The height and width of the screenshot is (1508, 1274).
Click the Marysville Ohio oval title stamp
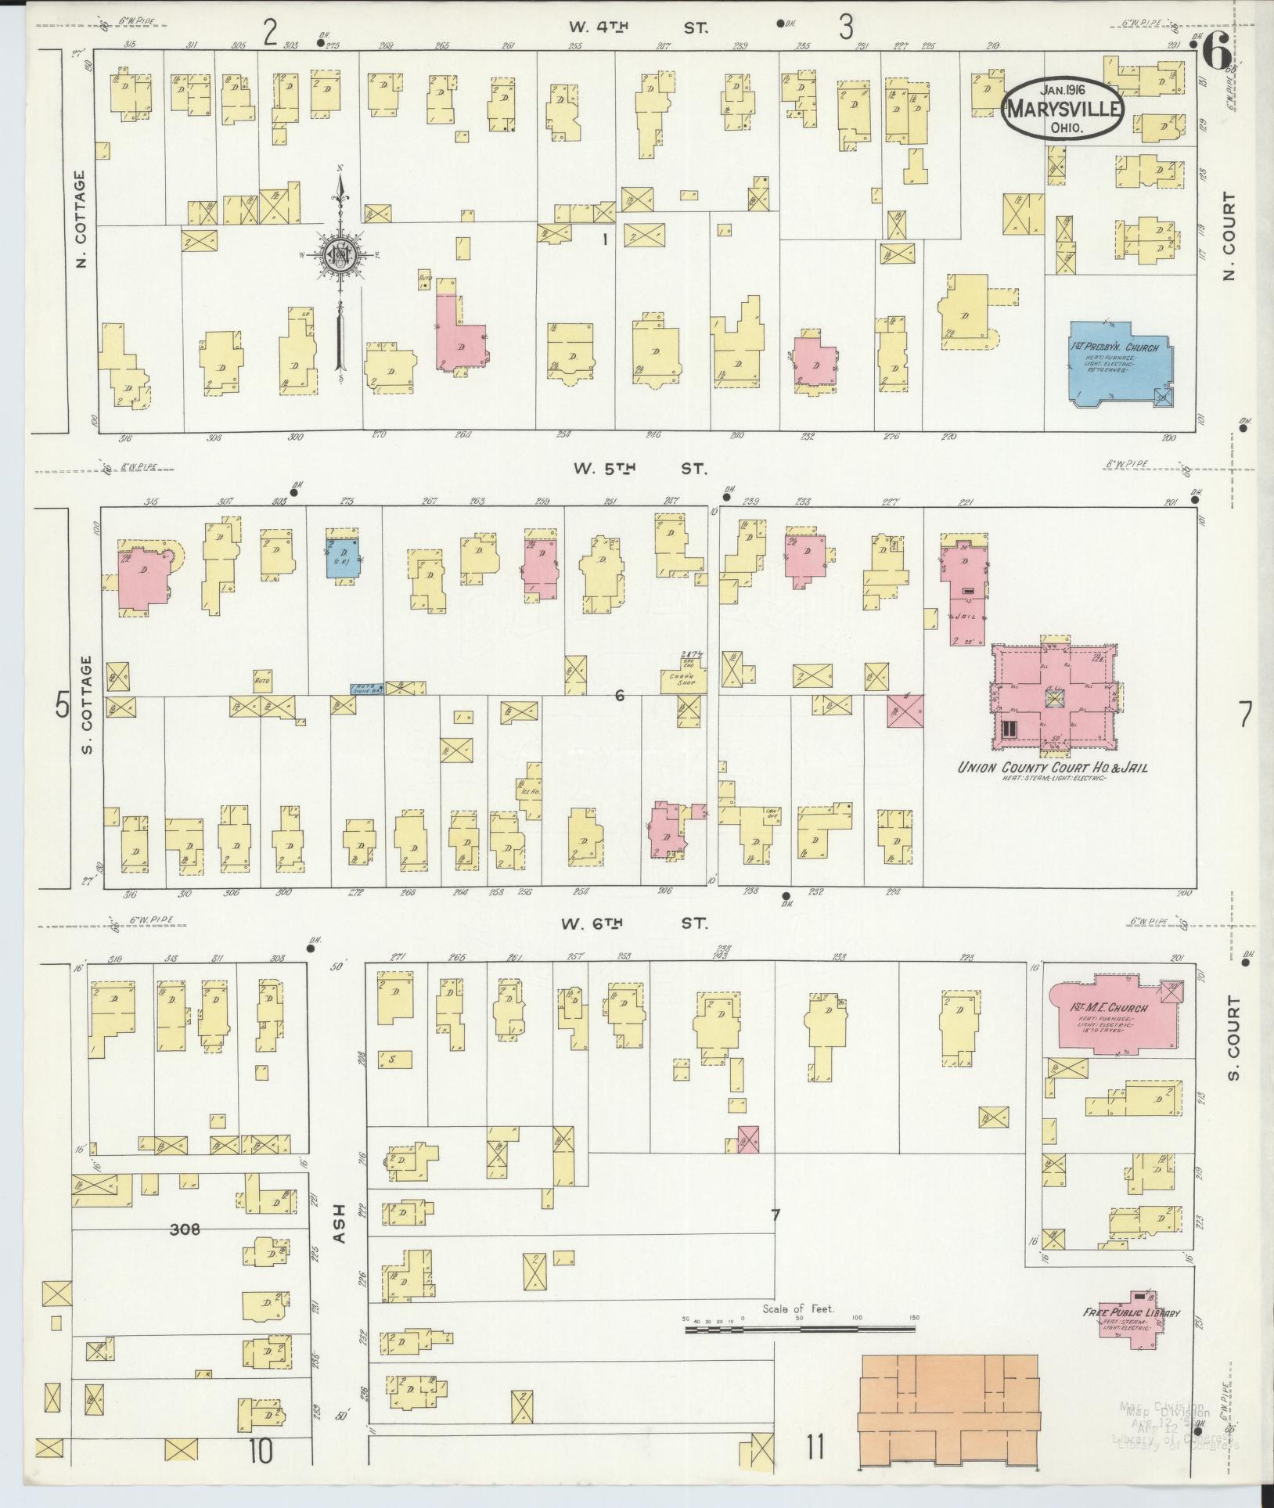1063,110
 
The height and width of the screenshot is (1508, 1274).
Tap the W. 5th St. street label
639,469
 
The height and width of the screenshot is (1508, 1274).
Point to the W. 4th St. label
637,27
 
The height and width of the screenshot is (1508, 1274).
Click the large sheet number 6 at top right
1215,53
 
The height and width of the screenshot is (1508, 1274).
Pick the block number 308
185,1229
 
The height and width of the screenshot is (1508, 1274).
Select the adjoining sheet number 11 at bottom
815,1449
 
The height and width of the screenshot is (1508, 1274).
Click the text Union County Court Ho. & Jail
1053,768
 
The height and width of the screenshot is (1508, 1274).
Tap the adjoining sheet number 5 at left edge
62,707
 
